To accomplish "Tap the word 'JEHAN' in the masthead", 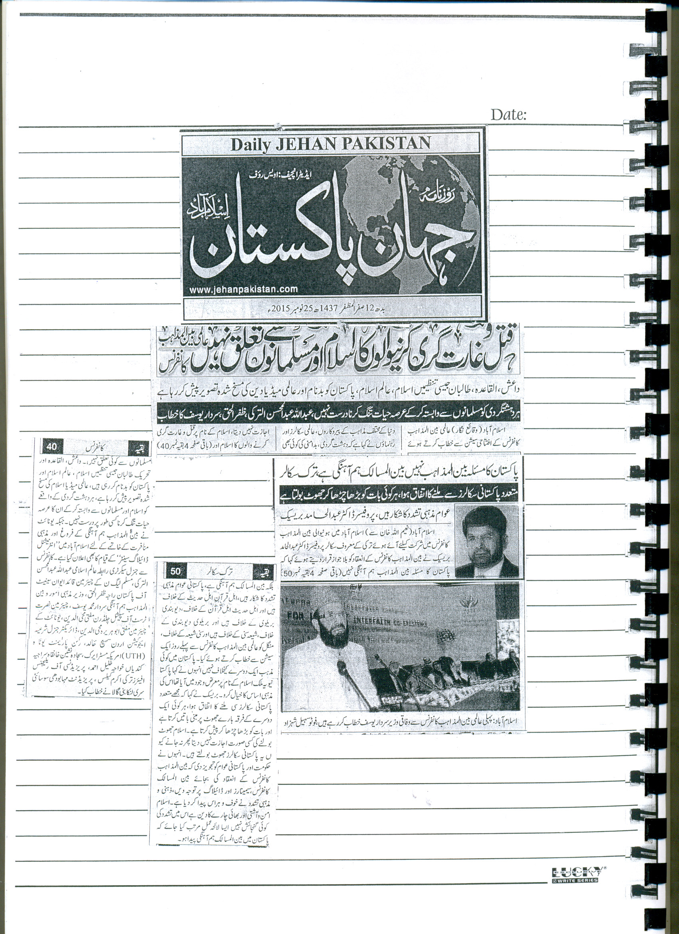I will pos(309,144).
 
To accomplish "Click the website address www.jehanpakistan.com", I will pos(243,289).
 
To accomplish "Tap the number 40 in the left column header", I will pos(52,446).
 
